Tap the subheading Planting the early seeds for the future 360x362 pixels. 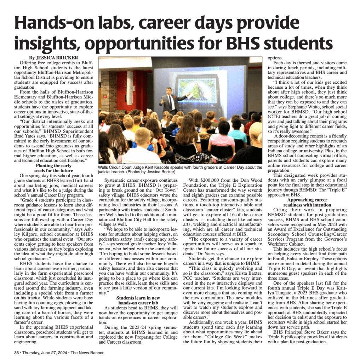(x=54, y=168)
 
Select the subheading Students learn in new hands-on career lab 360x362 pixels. (x=138, y=300)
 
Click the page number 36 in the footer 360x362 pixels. (x=16, y=352)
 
